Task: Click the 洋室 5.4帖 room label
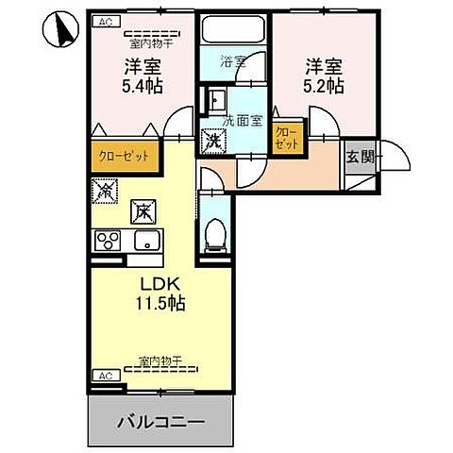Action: pos(139,75)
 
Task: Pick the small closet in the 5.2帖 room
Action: pos(286,140)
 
